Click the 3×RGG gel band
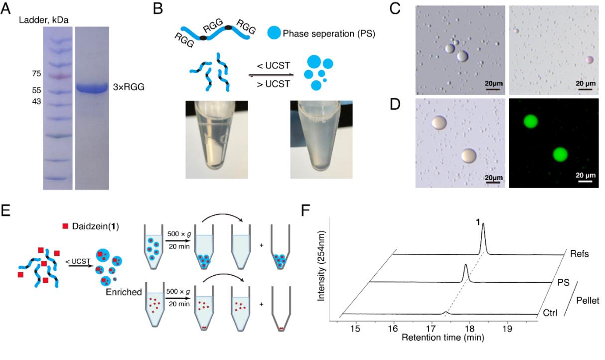coord(92,88)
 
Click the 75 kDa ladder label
coord(36,73)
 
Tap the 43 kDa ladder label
coord(36,101)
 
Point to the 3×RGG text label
coord(129,87)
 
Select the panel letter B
coord(158,8)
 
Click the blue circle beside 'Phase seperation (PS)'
coord(274,33)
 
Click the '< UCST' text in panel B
coord(274,65)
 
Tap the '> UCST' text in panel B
coord(274,84)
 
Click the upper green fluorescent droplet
coord(530,121)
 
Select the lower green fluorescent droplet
coord(560,155)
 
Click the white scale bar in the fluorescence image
coord(585,181)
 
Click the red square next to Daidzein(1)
coord(65,226)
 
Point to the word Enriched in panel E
coord(124,292)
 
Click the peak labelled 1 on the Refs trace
coord(483,238)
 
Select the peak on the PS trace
coord(465,273)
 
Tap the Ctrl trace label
coord(550,313)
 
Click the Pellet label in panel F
coord(588,301)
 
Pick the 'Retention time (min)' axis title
coord(443,338)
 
